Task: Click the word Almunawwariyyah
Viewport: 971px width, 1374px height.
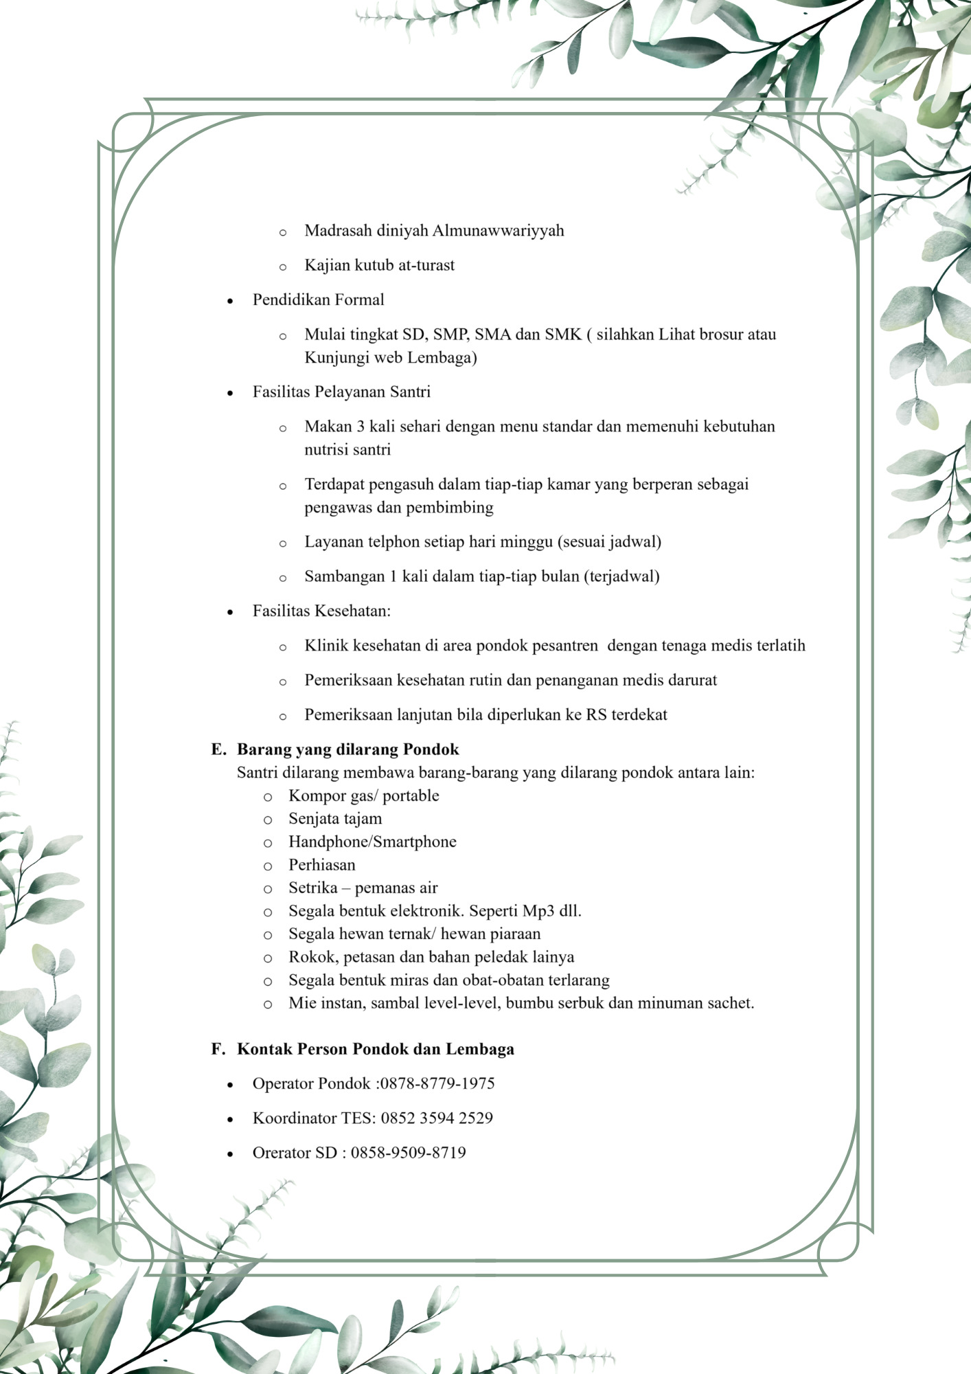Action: [498, 231]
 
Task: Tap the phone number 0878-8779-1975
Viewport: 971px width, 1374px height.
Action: [437, 1083]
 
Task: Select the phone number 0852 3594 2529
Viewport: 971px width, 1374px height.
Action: [437, 1118]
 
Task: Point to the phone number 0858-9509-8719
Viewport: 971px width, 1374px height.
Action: [409, 1152]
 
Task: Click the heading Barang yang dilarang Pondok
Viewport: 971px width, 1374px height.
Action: [347, 749]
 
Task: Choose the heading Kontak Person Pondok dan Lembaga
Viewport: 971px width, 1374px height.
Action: [375, 1049]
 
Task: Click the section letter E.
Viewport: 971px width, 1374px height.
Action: [218, 749]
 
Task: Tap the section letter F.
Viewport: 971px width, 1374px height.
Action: [218, 1049]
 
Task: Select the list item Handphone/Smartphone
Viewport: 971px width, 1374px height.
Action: [372, 842]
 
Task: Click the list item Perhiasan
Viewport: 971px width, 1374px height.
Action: [322, 865]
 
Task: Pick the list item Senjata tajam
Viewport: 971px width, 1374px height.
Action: [335, 819]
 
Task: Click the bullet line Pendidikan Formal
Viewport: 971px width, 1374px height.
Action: [318, 300]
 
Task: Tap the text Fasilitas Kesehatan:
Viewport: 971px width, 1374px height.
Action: [321, 611]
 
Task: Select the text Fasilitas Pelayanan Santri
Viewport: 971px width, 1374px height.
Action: [341, 392]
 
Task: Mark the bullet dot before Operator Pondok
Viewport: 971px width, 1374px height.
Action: [230, 1085]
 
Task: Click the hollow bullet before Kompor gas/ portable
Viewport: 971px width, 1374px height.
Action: [268, 797]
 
